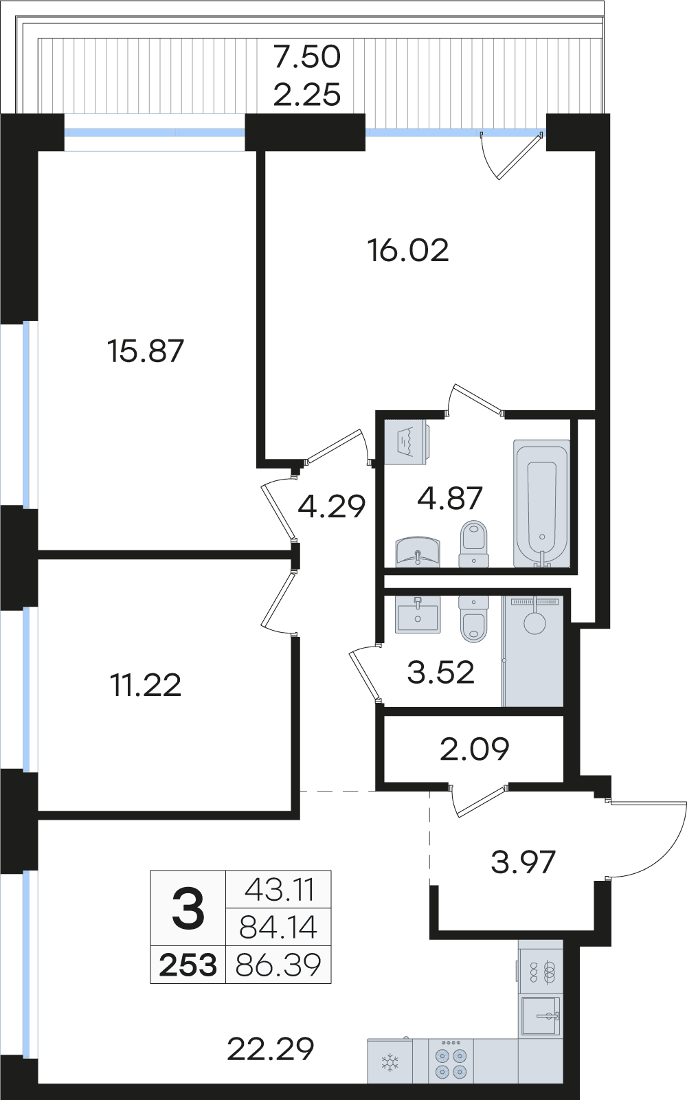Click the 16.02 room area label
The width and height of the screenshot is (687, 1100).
tap(408, 251)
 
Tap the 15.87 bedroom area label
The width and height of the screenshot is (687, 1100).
tap(146, 351)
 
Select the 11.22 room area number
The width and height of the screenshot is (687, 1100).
tap(146, 685)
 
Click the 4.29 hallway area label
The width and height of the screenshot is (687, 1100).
tap(332, 506)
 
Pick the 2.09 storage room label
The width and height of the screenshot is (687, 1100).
tap(474, 749)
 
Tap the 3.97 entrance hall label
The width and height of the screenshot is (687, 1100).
tap(523, 862)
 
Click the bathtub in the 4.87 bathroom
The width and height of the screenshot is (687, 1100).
tap(541, 504)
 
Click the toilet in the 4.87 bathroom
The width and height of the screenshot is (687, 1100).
tap(474, 543)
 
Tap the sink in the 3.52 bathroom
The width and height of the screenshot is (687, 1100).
tap(418, 614)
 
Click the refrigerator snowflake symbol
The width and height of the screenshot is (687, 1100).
tap(390, 1063)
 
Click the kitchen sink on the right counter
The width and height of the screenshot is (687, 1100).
tap(541, 1015)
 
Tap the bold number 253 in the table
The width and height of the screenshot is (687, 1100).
tap(188, 965)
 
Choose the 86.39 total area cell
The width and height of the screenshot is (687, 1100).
tap(278, 965)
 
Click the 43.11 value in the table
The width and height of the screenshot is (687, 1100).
tap(278, 889)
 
